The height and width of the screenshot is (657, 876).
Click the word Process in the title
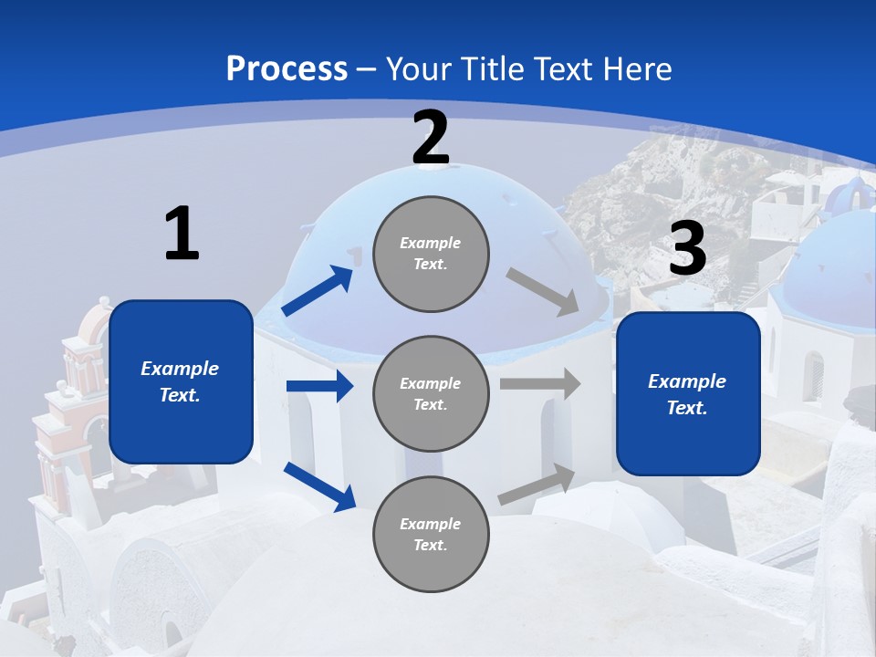pos(287,68)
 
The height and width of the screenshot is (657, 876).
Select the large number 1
pos(182,234)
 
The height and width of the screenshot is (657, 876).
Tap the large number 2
pos(431,138)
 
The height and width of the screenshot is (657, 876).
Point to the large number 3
pos(687,248)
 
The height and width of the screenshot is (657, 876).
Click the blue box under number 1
pos(181,381)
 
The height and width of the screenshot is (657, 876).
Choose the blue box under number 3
pos(688,394)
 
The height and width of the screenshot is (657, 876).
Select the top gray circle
pos(431,254)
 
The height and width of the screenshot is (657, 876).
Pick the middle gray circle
pos(431,394)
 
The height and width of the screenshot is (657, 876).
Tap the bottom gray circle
pos(431,535)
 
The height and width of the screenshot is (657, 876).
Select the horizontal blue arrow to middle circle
pos(319,386)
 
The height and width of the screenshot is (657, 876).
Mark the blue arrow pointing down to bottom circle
pos(319,486)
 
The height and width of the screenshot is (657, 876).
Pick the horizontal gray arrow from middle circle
pos(540,383)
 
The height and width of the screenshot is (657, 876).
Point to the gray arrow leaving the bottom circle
pos(537,485)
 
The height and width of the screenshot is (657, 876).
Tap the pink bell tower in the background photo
pos(82,383)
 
